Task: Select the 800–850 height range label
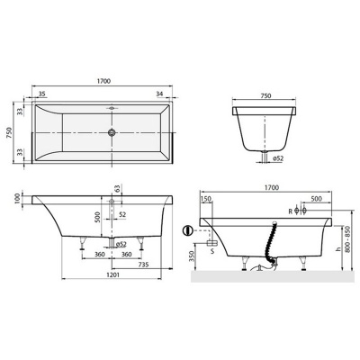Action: click(349, 240)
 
